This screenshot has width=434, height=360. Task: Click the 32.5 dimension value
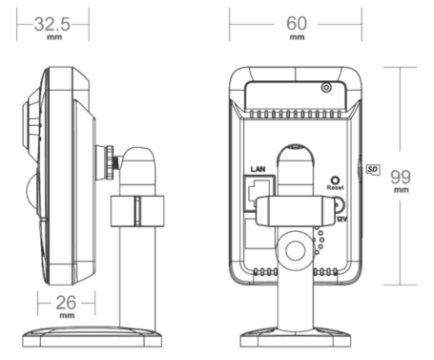pyautogui.click(x=52, y=24)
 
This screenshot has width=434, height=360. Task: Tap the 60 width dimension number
pyautogui.click(x=297, y=24)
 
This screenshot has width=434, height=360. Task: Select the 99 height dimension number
pyautogui.click(x=401, y=177)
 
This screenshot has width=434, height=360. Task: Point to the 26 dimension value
pyautogui.click(x=66, y=303)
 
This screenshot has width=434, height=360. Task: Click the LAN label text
pyautogui.click(x=258, y=169)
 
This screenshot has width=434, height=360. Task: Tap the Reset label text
pyautogui.click(x=335, y=188)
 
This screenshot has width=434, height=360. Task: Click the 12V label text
pyautogui.click(x=341, y=220)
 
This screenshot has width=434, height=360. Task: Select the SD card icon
pyautogui.click(x=373, y=169)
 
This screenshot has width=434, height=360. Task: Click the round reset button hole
pyautogui.click(x=335, y=180)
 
